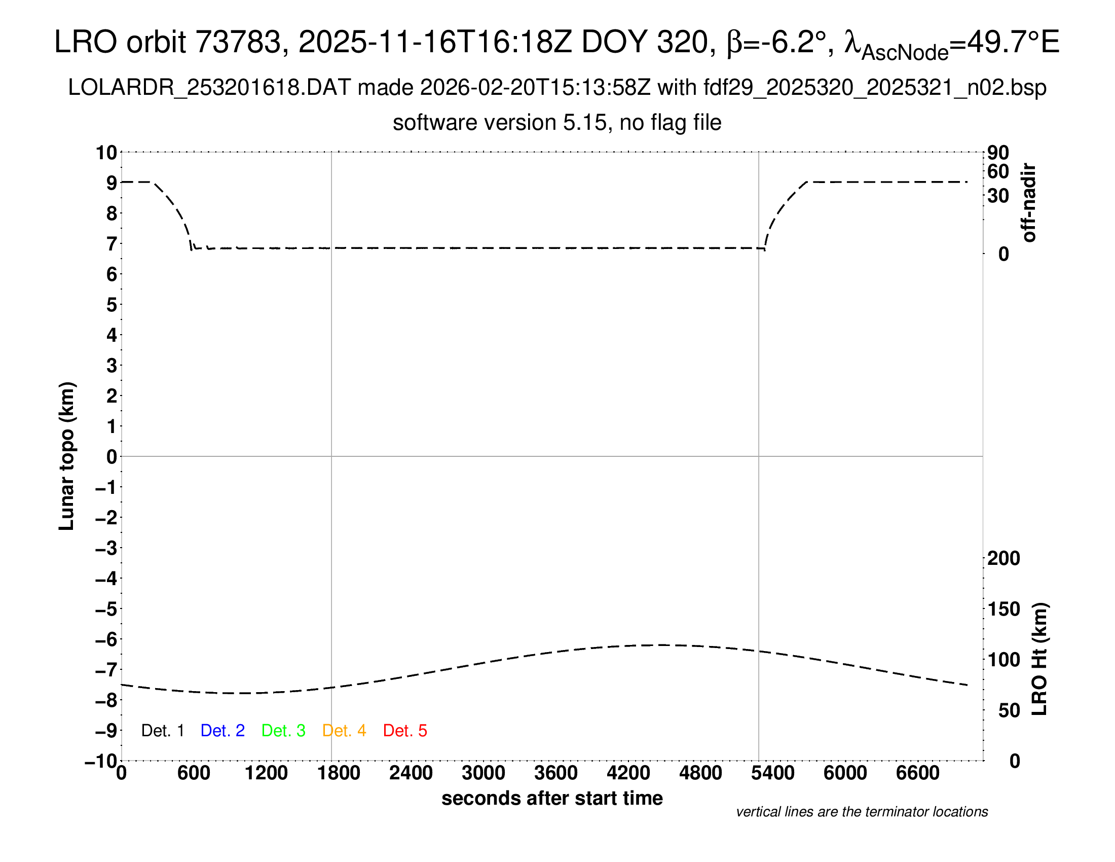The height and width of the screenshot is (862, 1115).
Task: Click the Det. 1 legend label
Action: tap(162, 731)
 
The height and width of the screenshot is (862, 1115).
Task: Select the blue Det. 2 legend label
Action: tap(222, 731)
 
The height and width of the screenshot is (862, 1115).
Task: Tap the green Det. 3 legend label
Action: tap(283, 731)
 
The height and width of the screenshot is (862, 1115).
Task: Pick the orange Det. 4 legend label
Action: tap(344, 731)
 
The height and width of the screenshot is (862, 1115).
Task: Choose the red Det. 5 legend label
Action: tap(405, 731)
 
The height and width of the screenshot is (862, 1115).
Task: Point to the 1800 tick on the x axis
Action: tap(339, 773)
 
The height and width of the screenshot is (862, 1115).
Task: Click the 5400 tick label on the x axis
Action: tap(772, 773)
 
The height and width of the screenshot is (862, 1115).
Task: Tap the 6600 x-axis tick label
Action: tap(917, 773)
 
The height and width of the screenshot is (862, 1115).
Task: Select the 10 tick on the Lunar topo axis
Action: tap(107, 153)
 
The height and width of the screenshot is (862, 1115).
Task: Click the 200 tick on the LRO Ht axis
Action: tap(1003, 558)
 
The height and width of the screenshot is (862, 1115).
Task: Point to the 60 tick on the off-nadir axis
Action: tap(998, 171)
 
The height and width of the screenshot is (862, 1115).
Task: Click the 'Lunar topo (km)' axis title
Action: tap(67, 456)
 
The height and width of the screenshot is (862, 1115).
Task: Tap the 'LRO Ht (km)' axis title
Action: tap(1039, 659)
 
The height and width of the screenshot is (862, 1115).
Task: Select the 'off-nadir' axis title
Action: tap(1029, 203)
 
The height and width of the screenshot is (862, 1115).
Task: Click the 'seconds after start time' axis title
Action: tap(552, 798)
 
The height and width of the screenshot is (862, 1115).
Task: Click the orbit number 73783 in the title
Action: tap(238, 42)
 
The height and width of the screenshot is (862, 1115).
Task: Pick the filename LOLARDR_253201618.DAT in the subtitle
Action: tap(209, 88)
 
